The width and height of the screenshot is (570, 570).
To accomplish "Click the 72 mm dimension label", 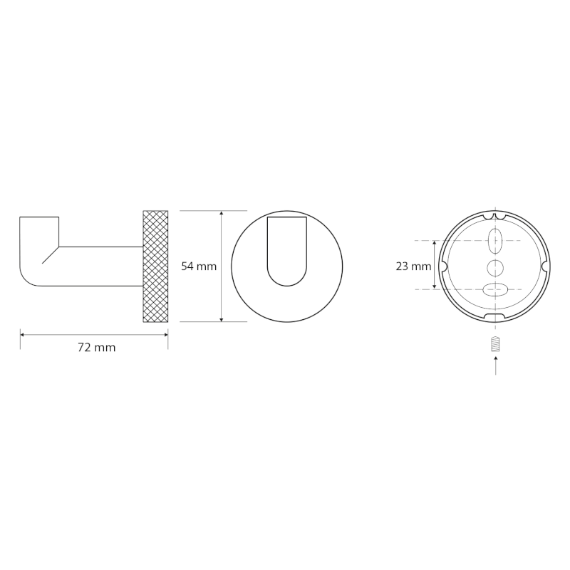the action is click(x=97, y=348).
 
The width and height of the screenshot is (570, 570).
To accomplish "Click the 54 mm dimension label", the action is click(x=199, y=266).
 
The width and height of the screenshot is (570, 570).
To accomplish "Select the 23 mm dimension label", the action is click(x=413, y=266).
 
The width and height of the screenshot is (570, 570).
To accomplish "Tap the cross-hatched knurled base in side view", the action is click(x=155, y=266).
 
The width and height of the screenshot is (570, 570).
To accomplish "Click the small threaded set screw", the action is click(x=495, y=344).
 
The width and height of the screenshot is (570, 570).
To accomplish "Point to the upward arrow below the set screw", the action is click(x=495, y=366).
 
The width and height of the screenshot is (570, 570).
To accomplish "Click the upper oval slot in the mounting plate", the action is click(x=495, y=241).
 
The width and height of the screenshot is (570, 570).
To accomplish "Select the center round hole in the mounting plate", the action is click(x=495, y=268).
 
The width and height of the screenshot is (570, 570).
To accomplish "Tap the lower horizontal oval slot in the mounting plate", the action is click(x=495, y=289).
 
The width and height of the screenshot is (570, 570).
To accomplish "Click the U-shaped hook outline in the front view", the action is click(x=287, y=286).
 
